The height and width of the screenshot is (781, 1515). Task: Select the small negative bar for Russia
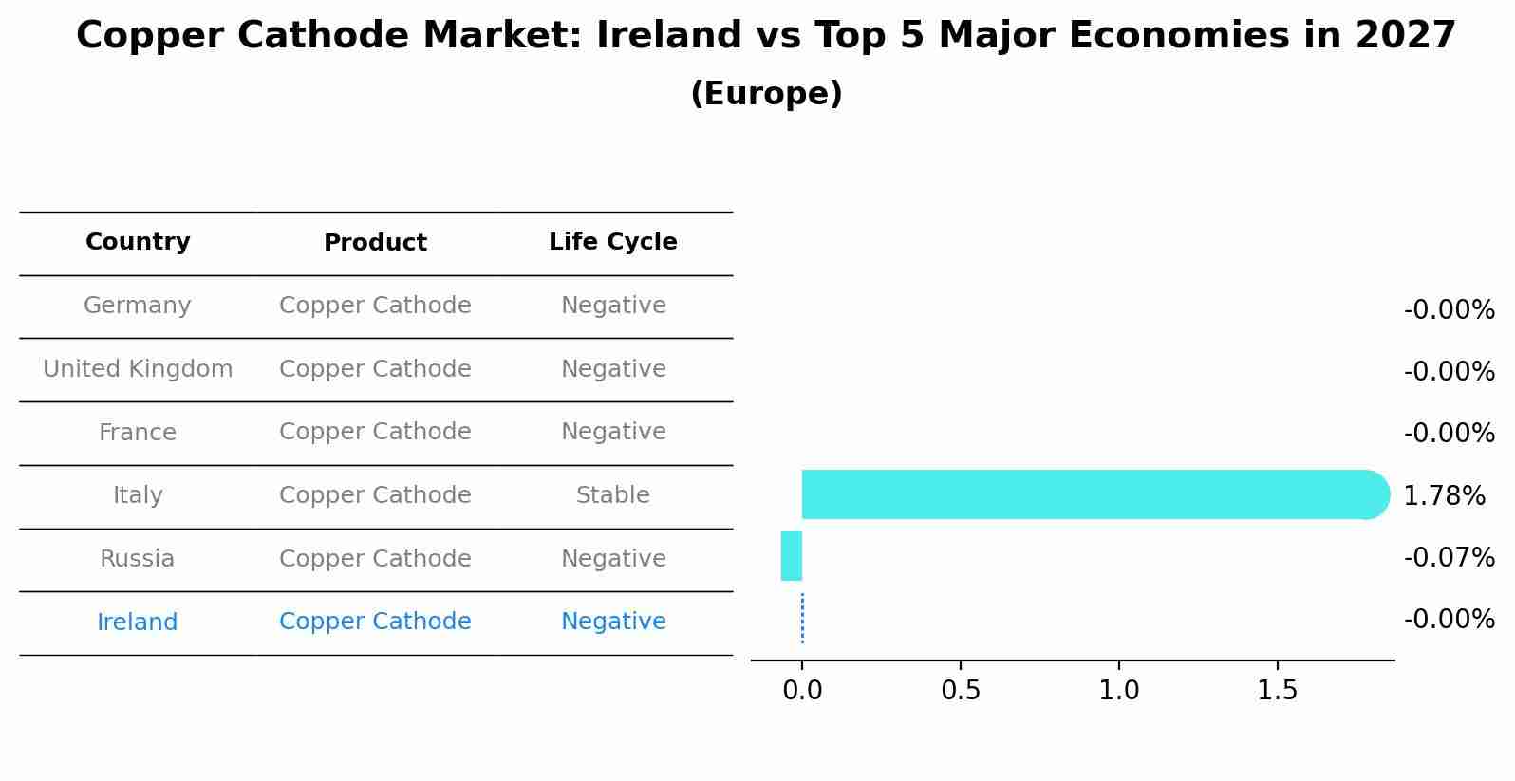point(792,556)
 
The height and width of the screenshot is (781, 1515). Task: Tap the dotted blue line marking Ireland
point(802,619)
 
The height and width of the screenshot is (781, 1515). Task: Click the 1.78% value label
point(1444,495)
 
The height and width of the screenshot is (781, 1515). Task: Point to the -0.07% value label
point(1449,557)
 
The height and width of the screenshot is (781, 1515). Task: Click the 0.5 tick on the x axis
point(960,691)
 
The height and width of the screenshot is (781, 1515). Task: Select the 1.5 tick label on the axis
point(1277,691)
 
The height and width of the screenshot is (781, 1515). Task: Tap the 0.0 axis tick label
point(802,691)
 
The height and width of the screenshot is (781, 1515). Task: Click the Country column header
point(138,242)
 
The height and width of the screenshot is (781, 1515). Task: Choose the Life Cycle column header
point(612,242)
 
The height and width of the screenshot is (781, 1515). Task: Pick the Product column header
point(375,243)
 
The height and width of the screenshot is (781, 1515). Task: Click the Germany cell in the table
point(138,306)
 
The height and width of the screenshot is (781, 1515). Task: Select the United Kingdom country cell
point(138,369)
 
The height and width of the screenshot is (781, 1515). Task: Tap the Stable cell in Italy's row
point(612,495)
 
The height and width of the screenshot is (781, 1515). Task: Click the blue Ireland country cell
point(138,623)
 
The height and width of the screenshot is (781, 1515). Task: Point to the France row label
point(138,433)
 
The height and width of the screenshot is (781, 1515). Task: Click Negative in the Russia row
point(612,559)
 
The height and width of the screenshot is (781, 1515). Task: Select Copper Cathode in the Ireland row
point(375,622)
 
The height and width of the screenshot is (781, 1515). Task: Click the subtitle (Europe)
point(766,94)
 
